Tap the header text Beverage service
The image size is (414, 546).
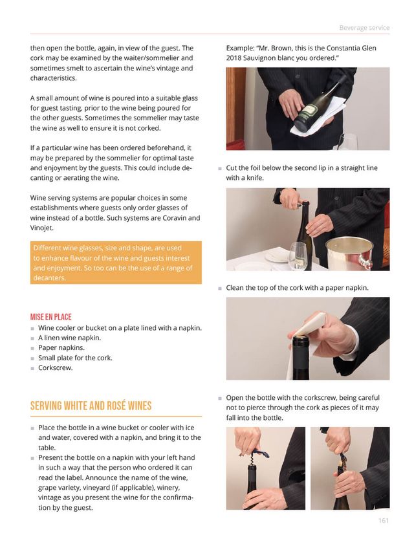click(364, 27)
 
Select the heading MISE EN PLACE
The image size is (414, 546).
click(50, 317)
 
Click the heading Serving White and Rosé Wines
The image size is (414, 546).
click(91, 406)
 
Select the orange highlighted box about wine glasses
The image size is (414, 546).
click(116, 263)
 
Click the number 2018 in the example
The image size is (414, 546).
click(234, 58)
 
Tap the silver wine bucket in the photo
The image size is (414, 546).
click(349, 252)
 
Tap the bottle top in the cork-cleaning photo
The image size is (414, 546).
click(304, 344)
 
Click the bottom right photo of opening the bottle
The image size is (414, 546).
click(349, 468)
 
